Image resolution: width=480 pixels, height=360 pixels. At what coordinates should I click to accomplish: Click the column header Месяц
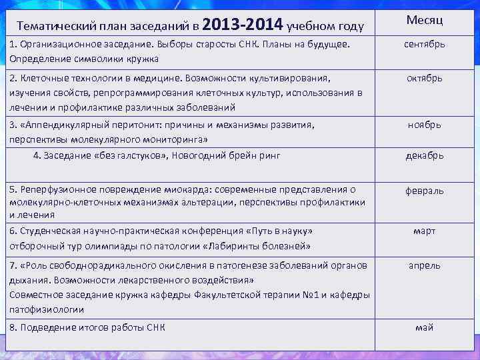(x=424, y=21)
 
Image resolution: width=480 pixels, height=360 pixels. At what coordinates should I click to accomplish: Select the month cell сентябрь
(x=424, y=45)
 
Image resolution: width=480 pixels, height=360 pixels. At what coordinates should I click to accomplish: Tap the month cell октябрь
(x=424, y=78)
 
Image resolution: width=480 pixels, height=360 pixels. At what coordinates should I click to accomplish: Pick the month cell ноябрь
(x=424, y=125)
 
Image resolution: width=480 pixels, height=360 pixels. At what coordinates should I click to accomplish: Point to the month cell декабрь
(x=424, y=156)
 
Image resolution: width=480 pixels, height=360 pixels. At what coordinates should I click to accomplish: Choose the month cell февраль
(x=424, y=191)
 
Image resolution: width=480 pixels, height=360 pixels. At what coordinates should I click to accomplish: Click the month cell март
(x=424, y=231)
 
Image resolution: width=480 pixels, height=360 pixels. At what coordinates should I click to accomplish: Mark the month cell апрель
(x=424, y=265)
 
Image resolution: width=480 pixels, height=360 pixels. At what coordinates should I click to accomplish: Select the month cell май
(x=424, y=327)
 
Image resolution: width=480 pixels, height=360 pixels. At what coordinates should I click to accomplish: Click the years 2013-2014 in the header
(x=241, y=25)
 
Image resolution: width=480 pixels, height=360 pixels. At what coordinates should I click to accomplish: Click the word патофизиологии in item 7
(x=47, y=309)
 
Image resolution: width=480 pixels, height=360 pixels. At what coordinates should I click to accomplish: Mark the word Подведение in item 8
(x=46, y=327)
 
